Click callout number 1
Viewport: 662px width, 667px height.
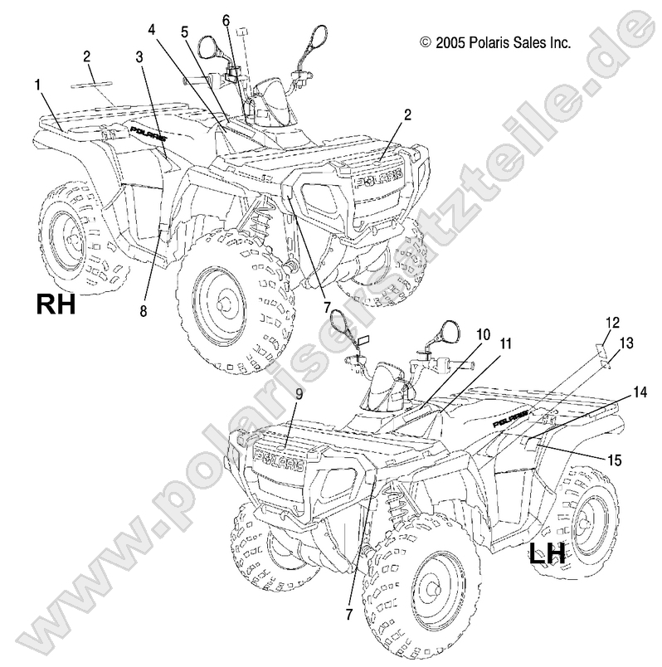pos(37,84)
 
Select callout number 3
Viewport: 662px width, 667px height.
pos(139,56)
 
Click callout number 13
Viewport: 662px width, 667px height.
pos(625,341)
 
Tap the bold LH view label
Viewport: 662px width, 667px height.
pos(548,553)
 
